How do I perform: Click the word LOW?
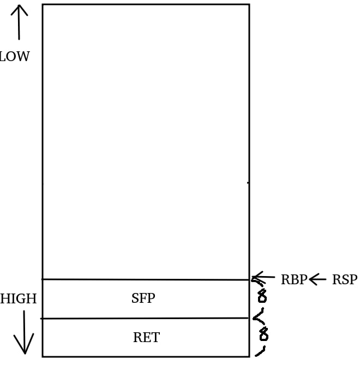pos(15,57)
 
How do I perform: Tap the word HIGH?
pos(19,299)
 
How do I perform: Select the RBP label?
pos(293,280)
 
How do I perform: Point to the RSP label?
pos(344,280)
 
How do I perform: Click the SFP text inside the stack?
pos(143,298)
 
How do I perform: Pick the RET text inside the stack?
pos(146,338)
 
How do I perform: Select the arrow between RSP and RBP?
pos(317,279)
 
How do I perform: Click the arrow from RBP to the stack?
pos(264,279)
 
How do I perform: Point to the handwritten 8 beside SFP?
pos(262,296)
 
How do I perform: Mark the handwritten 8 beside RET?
pos(264,334)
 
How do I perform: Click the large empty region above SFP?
pos(146,142)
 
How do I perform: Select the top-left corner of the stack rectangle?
pos(43,5)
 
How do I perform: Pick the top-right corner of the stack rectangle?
pos(249,5)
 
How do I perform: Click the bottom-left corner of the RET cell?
pos(43,357)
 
